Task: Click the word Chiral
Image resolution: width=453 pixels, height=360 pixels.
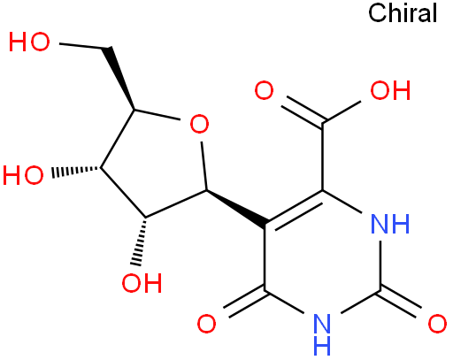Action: click(403, 13)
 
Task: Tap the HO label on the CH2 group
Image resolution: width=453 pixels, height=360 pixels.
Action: click(29, 42)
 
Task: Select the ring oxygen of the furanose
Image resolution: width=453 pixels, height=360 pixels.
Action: click(199, 124)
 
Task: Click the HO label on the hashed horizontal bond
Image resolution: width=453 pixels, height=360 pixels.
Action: click(23, 175)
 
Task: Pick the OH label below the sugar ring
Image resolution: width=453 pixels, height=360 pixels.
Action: click(142, 283)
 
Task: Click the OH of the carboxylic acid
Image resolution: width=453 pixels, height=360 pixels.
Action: click(390, 90)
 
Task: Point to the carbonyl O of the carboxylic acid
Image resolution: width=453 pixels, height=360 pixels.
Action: click(264, 90)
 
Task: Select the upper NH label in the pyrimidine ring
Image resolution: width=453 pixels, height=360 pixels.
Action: click(390, 224)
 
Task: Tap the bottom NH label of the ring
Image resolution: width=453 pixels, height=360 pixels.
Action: click(322, 334)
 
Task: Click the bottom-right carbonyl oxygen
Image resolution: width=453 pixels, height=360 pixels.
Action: click(437, 324)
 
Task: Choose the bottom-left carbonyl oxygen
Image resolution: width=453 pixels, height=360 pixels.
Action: click(206, 324)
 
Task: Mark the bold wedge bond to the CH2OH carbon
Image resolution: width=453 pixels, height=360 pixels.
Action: click(119, 78)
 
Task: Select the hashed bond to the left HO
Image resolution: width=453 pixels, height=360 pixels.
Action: click(75, 172)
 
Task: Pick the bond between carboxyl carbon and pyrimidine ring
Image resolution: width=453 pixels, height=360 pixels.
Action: click(323, 157)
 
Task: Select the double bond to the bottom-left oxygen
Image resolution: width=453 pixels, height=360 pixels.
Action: click(245, 303)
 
